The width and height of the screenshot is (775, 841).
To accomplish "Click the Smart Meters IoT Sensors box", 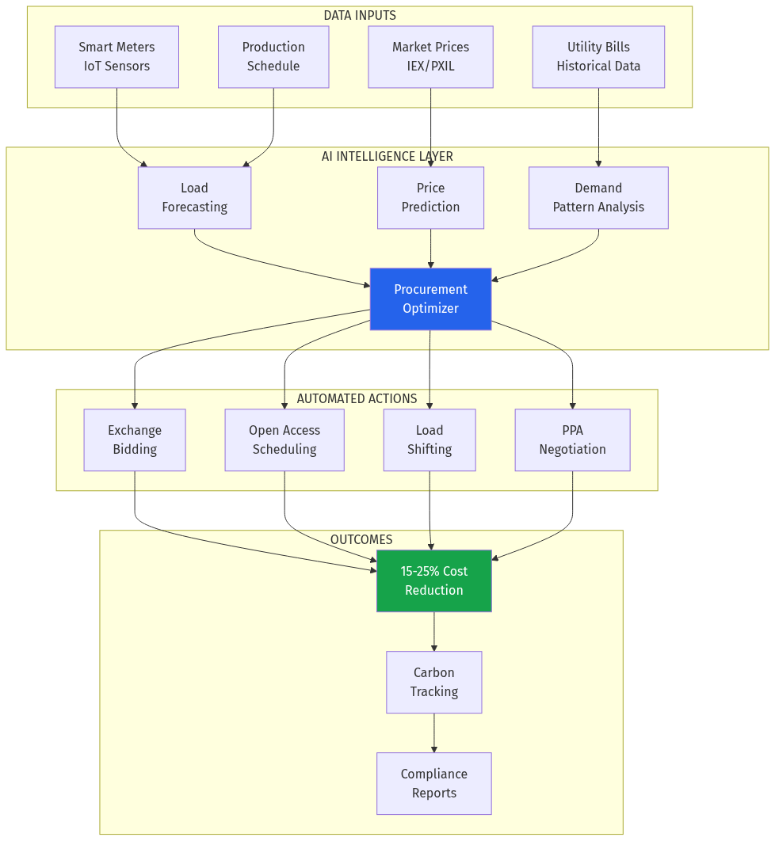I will click(x=116, y=57).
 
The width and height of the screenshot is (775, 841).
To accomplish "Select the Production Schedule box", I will click(x=273, y=57).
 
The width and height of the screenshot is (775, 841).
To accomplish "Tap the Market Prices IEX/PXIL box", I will click(x=430, y=57).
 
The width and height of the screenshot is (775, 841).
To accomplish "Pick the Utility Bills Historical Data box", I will click(x=598, y=57).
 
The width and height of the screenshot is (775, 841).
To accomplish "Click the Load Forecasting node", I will click(x=194, y=198).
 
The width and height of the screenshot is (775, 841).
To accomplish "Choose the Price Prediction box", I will click(x=430, y=198).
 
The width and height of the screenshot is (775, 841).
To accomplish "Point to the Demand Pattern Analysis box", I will click(x=598, y=198).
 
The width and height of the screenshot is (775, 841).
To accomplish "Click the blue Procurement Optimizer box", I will click(x=430, y=299).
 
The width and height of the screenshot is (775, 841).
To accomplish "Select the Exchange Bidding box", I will click(x=135, y=440).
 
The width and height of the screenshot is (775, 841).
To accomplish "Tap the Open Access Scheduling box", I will click(x=284, y=440).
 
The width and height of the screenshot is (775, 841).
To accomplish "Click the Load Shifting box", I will click(x=429, y=440).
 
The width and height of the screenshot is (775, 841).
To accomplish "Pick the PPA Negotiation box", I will click(x=572, y=440).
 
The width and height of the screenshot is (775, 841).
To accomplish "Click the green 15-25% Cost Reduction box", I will click(x=433, y=581).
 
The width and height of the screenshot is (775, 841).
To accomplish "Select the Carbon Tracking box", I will click(x=433, y=683).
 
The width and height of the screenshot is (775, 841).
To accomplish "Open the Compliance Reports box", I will click(x=433, y=784).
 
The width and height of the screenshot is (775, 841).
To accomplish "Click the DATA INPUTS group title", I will click(x=360, y=16).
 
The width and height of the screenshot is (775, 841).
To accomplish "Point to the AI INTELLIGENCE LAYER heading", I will click(x=387, y=157).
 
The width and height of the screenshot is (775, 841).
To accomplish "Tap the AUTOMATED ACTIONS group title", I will click(x=357, y=399).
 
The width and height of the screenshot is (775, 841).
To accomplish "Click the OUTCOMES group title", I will click(x=361, y=540).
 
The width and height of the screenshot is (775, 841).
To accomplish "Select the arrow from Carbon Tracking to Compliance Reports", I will click(x=433, y=733).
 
